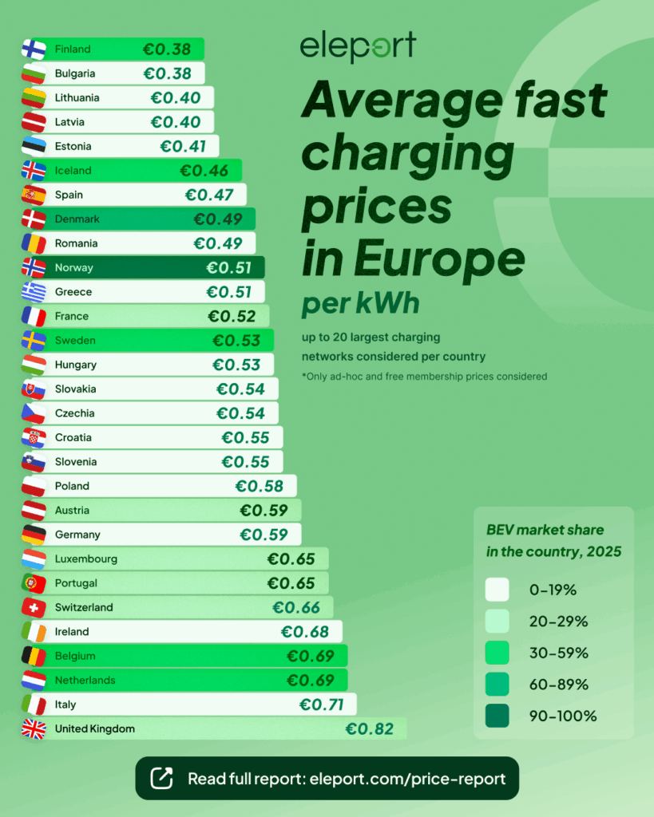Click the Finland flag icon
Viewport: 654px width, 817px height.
(33, 49)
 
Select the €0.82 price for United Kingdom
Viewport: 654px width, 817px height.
(369, 728)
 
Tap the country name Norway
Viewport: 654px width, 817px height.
(74, 267)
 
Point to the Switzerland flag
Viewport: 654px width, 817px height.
(33, 607)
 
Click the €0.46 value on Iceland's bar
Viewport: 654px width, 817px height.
(204, 171)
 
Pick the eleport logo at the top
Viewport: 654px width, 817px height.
(358, 47)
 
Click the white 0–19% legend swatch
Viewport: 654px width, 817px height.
(497, 590)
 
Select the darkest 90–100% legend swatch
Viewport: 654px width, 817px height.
(497, 716)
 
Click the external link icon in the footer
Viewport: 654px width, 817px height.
(161, 778)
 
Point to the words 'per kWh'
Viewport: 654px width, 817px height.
(360, 305)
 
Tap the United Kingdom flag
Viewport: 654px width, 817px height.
(33, 728)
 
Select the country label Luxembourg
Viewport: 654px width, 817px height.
(86, 558)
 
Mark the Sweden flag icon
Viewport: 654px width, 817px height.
(33, 341)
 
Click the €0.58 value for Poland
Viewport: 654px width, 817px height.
(259, 486)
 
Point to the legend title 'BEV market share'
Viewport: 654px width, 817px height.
(545, 530)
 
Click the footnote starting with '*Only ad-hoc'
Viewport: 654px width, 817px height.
(424, 376)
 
